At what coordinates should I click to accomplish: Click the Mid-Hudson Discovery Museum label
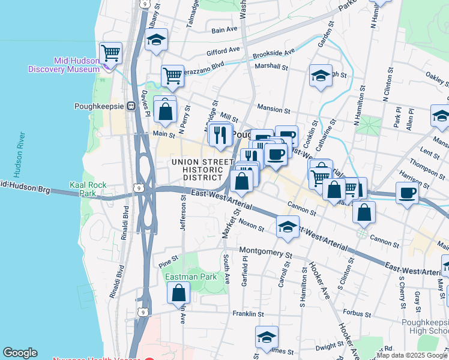click(x=63, y=65)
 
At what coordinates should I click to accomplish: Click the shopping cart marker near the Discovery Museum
click(x=110, y=53)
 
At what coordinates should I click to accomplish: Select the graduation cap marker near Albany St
click(x=157, y=40)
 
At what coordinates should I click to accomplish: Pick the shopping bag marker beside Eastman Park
click(x=179, y=293)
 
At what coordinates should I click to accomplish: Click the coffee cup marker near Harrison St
click(x=407, y=193)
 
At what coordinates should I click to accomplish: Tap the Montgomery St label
click(x=265, y=250)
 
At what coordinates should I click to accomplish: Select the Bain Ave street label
click(x=225, y=29)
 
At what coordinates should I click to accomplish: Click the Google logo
click(x=20, y=353)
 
